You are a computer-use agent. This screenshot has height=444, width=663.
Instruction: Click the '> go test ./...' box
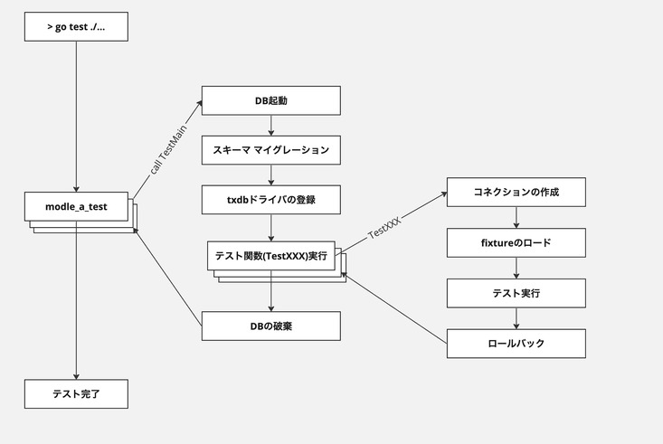click(76, 26)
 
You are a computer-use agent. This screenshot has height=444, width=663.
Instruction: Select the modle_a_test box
click(76, 206)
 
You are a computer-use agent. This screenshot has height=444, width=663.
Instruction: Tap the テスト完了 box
click(76, 393)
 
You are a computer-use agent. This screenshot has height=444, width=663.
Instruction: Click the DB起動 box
click(270, 100)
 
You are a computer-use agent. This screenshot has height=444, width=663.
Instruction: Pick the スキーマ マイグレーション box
click(270, 150)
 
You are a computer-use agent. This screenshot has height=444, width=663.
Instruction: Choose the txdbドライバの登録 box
click(270, 200)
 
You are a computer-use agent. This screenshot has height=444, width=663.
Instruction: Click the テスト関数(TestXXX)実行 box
click(270, 256)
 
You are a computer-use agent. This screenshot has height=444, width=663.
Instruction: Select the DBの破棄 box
click(270, 326)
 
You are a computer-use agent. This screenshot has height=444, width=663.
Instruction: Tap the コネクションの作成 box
click(516, 193)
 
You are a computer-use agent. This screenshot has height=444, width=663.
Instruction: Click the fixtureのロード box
click(516, 242)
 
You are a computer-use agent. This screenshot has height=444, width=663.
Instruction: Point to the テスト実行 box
click(516, 293)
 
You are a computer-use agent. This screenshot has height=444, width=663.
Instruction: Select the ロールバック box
click(516, 343)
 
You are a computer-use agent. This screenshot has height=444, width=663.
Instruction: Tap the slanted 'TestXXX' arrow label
click(385, 227)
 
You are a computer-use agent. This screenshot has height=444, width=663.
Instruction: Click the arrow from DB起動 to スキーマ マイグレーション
click(271, 126)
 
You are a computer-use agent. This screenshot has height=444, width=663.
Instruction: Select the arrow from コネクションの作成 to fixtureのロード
click(516, 218)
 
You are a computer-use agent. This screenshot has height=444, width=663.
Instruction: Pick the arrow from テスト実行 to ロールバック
click(516, 318)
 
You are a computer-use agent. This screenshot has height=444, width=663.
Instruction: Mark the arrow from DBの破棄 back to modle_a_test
click(168, 276)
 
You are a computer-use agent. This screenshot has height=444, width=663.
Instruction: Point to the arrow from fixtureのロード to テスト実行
click(516, 268)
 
